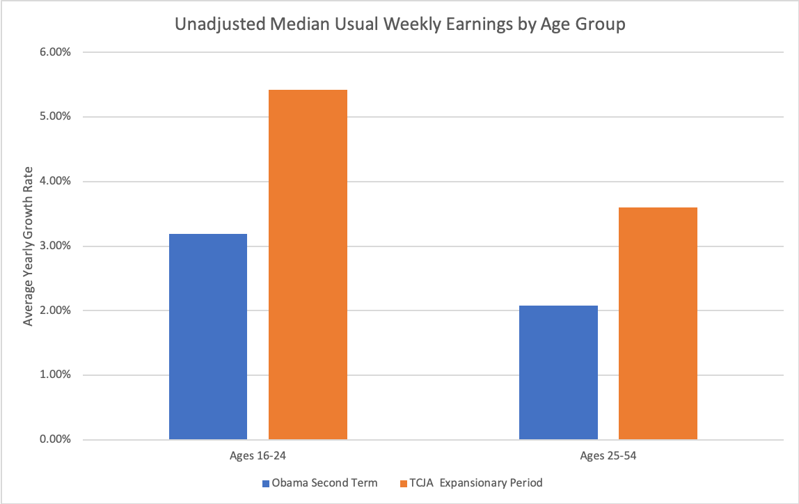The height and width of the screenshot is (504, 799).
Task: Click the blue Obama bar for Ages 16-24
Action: (208, 337)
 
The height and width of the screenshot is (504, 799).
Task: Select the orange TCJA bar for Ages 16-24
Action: (308, 265)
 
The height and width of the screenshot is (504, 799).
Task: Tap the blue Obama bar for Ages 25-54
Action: (558, 372)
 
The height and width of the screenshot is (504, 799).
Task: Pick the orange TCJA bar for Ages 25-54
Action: (658, 324)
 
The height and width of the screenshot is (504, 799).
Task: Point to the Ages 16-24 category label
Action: (258, 457)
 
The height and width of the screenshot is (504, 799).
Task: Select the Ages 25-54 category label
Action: (608, 457)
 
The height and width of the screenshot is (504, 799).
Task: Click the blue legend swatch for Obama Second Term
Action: (265, 482)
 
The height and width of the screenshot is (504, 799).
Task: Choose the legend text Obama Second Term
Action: (324, 482)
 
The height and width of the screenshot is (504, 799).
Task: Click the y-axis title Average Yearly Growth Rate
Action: (29, 246)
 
